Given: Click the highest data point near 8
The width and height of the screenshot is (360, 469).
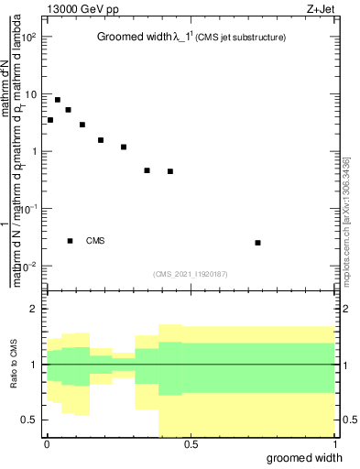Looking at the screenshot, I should (x=58, y=100).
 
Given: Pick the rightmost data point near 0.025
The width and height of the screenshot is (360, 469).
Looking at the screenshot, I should (x=258, y=243).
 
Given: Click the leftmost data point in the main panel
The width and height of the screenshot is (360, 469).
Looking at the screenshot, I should (x=50, y=120).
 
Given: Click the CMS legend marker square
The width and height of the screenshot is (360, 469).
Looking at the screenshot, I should (x=71, y=241).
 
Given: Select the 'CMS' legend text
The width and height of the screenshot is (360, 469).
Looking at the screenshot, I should (x=95, y=241).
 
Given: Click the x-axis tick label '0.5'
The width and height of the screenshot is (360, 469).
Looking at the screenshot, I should (x=190, y=443).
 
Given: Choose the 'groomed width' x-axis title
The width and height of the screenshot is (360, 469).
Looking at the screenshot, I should (x=311, y=457).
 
